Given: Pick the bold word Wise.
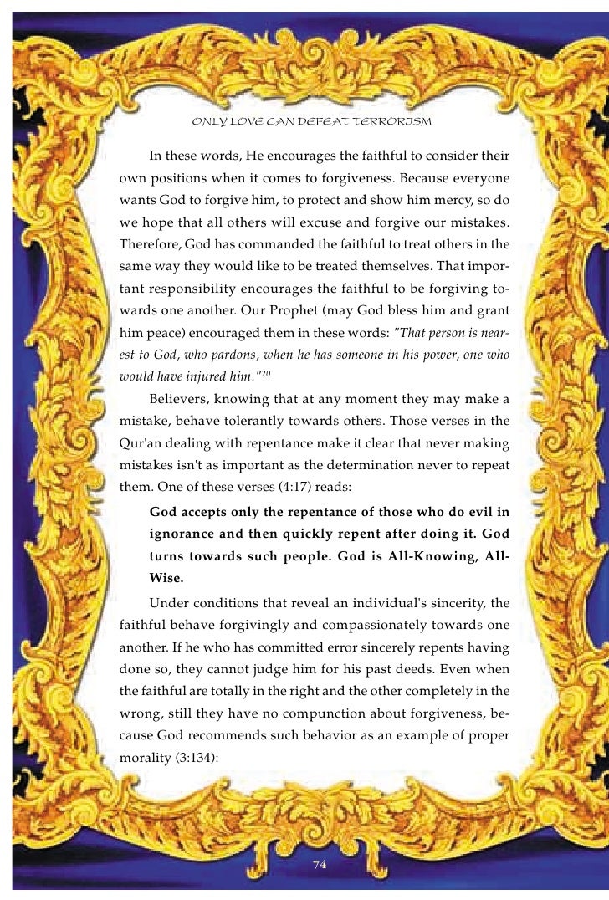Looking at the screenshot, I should (166, 579).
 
